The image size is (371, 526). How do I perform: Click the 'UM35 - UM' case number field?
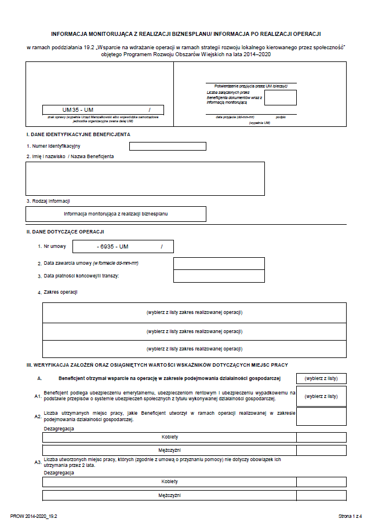coord(103,109)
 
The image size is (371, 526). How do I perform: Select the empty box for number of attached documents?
coord(280,97)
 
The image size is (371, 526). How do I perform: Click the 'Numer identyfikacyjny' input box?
coord(168,146)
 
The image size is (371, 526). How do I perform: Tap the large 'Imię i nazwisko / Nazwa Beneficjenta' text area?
coord(145,178)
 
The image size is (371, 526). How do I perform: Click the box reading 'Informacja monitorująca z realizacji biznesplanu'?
coord(116,214)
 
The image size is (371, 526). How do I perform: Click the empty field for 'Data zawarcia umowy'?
coord(219,264)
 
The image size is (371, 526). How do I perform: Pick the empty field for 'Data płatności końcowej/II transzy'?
coord(219,276)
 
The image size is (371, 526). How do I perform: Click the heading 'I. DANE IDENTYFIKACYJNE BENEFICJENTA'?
coord(78,134)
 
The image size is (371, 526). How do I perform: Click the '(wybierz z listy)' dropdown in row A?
coord(321,379)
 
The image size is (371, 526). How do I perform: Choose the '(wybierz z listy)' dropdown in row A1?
coord(321,396)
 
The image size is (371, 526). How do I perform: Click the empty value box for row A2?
coord(321,417)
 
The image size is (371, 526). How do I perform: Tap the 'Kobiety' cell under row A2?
coord(169,437)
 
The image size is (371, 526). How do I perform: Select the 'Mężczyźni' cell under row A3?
coord(169,495)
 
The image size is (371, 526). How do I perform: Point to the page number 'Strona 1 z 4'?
coord(350,516)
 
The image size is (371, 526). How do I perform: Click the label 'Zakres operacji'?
coord(61,292)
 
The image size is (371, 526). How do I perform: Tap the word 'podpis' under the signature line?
coord(281,117)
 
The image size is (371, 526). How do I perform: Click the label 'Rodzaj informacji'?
coord(48,201)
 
